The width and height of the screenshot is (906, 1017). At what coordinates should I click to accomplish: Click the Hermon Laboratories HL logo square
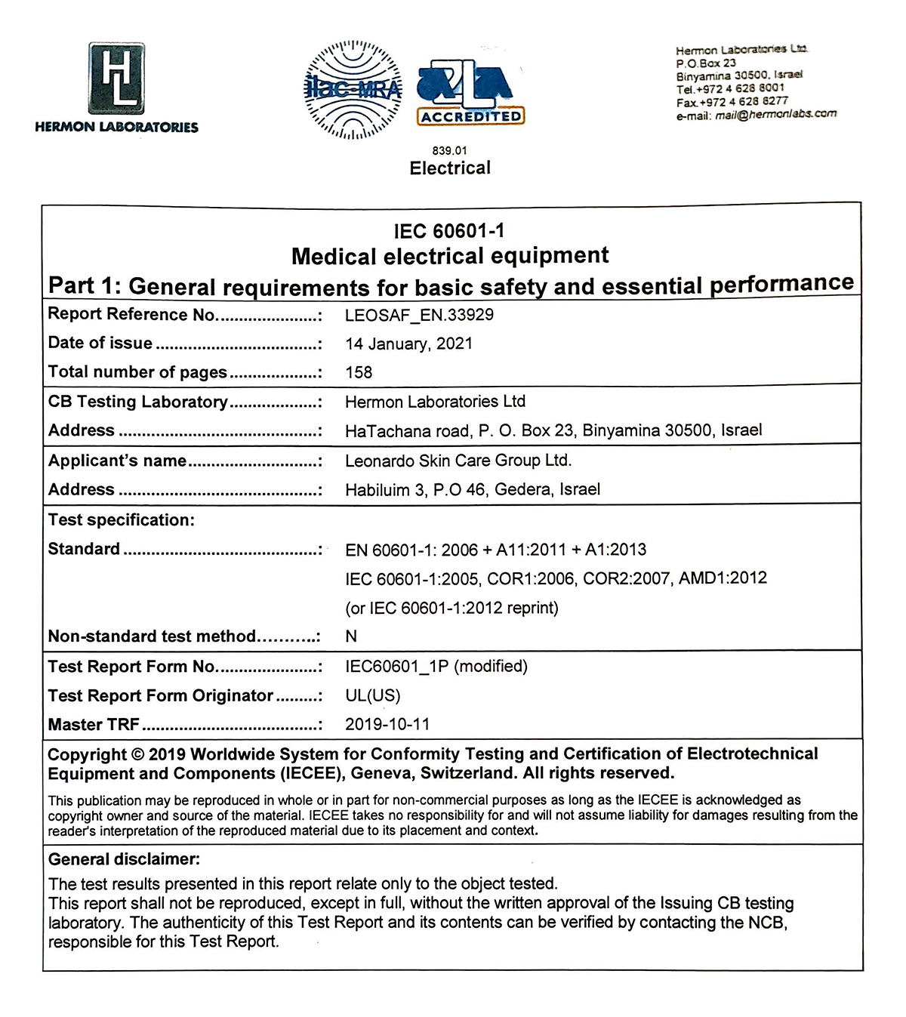(116, 79)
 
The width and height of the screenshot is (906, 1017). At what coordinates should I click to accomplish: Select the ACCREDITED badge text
(471, 117)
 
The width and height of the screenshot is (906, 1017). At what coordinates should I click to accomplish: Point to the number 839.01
(449, 150)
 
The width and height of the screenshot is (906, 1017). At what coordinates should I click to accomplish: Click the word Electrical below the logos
(450, 168)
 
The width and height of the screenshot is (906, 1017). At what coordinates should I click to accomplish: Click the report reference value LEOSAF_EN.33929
(419, 315)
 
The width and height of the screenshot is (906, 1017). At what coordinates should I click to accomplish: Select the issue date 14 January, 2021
(408, 344)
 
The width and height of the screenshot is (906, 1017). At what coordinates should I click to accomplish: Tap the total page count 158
(359, 372)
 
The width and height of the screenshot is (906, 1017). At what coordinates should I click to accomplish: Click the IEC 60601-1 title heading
(449, 230)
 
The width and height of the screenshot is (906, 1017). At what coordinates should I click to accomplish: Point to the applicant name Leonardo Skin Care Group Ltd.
(458, 461)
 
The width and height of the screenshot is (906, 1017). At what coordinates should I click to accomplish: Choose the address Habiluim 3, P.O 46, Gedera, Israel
(473, 489)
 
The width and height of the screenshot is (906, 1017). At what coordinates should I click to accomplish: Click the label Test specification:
(122, 519)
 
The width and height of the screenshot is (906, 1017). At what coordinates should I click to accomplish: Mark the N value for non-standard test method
(351, 636)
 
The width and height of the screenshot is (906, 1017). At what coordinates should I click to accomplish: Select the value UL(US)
(373, 695)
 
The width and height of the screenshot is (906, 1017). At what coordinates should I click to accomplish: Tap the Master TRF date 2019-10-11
(387, 724)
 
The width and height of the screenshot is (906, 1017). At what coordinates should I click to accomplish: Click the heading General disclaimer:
(124, 858)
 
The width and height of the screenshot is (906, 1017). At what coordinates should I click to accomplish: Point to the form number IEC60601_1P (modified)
(436, 666)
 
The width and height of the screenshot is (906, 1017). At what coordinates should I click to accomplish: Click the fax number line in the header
(732, 101)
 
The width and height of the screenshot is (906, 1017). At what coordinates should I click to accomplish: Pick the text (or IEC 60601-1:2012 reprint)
(451, 608)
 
